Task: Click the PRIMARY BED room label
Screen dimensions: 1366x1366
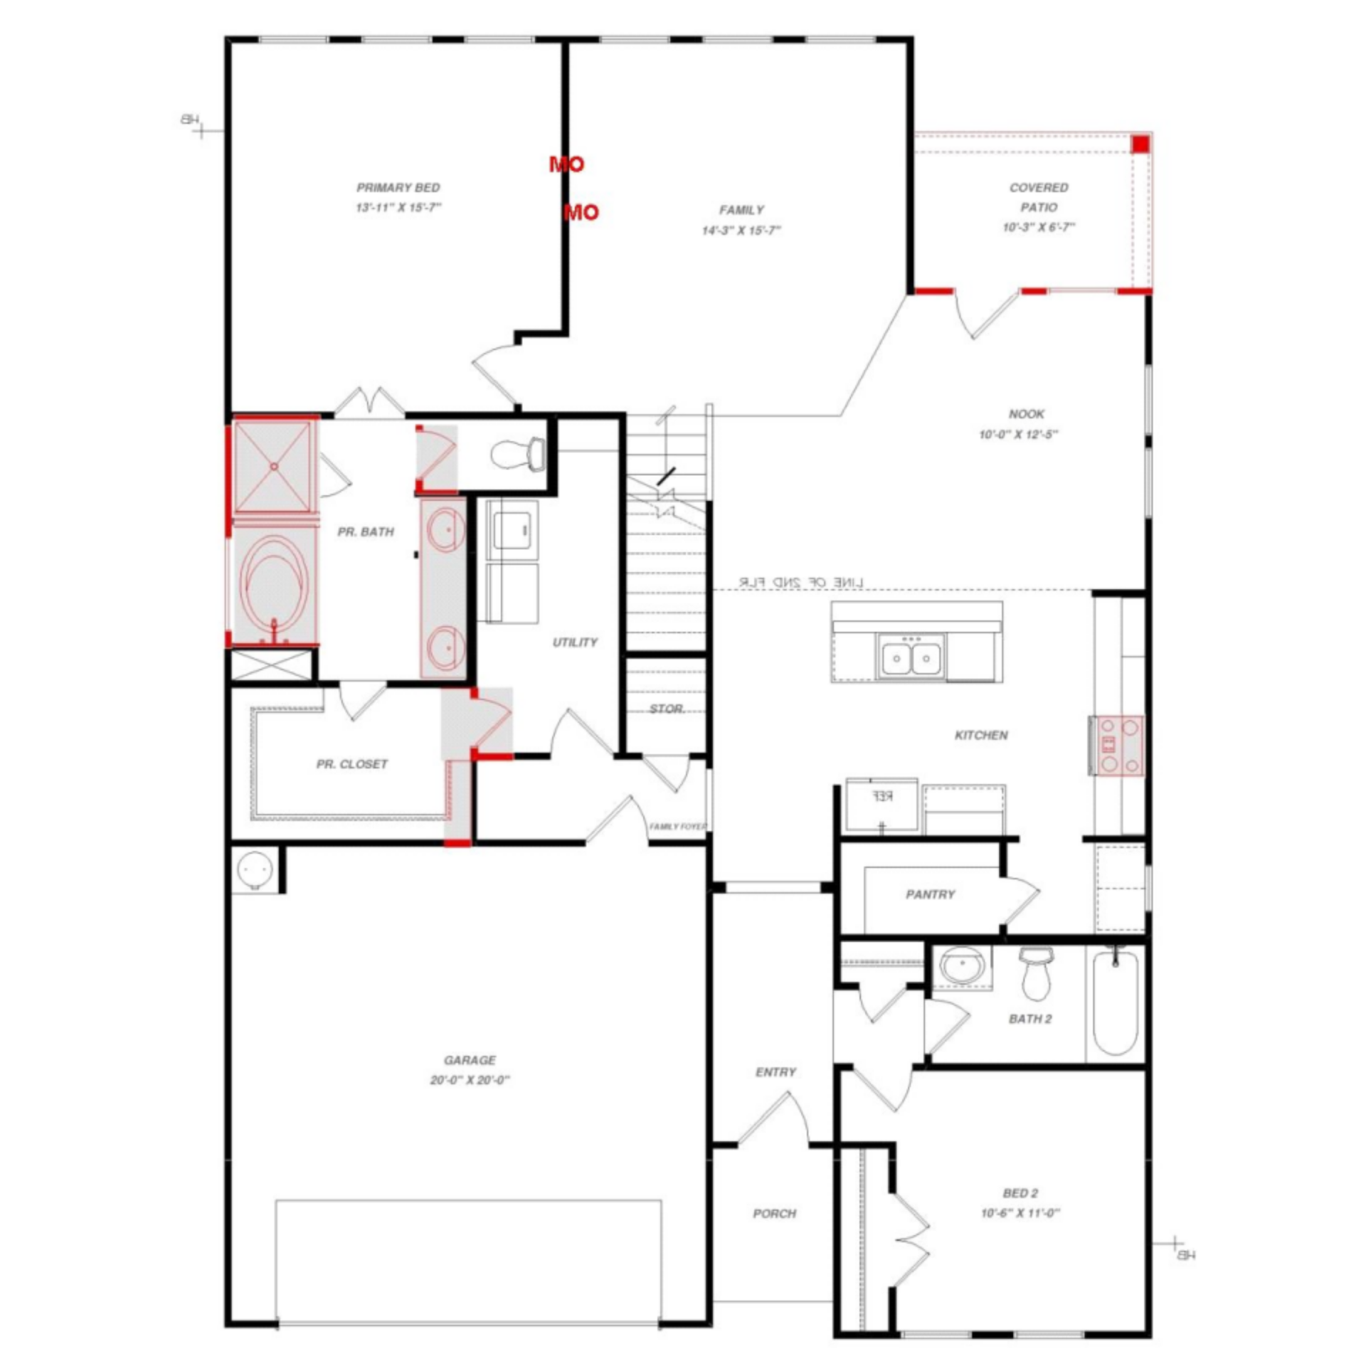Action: point(398,188)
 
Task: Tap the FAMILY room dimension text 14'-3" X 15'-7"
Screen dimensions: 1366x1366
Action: point(741,231)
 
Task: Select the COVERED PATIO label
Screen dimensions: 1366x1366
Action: point(1038,197)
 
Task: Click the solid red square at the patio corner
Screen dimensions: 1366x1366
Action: point(1140,144)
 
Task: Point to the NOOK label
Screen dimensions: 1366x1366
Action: point(1026,414)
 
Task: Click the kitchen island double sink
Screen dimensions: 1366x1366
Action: point(911,656)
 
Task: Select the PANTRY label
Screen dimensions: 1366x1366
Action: point(930,894)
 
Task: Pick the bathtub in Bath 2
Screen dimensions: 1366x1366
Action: point(1115,1003)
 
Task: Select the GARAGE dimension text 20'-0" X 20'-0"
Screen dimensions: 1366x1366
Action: point(470,1080)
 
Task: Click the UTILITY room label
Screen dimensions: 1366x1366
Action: point(575,642)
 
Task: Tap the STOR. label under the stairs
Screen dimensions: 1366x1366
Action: point(667,709)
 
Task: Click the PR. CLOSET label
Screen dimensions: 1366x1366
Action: point(351,764)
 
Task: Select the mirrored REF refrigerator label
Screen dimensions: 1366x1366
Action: point(882,796)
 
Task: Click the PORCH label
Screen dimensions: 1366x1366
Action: point(774,1214)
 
